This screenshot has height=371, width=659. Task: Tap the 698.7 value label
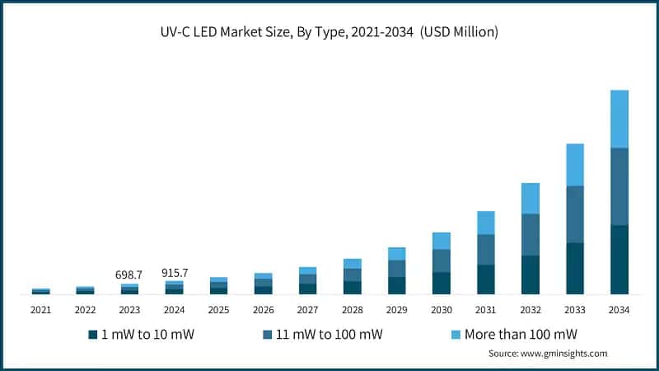(x=129, y=273)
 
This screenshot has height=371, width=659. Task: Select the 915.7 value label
(x=174, y=273)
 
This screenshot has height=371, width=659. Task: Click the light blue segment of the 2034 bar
(x=619, y=119)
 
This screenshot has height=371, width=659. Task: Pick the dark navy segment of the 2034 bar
(x=619, y=259)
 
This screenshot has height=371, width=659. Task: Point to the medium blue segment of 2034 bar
(x=619, y=186)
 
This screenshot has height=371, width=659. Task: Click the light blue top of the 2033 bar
(x=574, y=165)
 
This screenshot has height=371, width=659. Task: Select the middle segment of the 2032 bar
(x=530, y=234)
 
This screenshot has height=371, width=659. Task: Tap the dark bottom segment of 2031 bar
(x=485, y=279)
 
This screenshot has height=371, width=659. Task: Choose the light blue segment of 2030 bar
(x=441, y=241)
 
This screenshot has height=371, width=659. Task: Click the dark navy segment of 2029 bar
(x=396, y=285)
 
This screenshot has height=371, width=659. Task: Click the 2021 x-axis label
(x=40, y=310)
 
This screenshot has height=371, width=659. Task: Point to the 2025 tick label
(x=218, y=310)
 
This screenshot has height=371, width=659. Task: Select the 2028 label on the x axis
(x=352, y=310)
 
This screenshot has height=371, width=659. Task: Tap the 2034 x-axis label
(x=619, y=310)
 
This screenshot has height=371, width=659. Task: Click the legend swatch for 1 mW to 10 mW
(x=93, y=335)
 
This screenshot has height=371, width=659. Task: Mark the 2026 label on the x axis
(x=263, y=310)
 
